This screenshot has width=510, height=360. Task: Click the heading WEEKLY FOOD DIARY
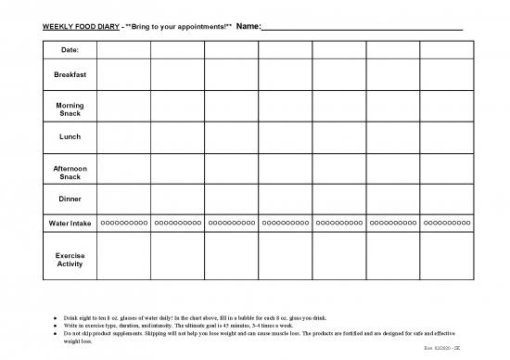coord(82,26)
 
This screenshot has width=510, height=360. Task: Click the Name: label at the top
coord(249,26)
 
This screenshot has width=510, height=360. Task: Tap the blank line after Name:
coord(362,27)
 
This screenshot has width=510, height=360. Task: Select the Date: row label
coord(70,49)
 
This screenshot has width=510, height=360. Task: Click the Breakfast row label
coord(70,73)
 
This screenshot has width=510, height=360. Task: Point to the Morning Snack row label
coord(70,109)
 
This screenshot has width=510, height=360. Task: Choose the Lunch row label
coord(70,136)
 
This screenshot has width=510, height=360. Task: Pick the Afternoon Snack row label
coord(70,171)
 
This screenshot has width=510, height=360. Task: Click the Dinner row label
coord(70,199)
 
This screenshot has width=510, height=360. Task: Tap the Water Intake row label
coord(70,224)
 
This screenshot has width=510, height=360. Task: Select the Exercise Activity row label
coord(70,259)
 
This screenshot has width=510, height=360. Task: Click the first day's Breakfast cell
coord(123,73)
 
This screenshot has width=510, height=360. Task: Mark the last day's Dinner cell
coord(446,199)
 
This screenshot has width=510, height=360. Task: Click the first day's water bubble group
coord(123,224)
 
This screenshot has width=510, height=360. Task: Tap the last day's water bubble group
coord(446,224)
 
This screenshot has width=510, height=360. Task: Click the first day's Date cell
coord(123,49)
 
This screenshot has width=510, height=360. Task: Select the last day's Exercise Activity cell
coord(446,259)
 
